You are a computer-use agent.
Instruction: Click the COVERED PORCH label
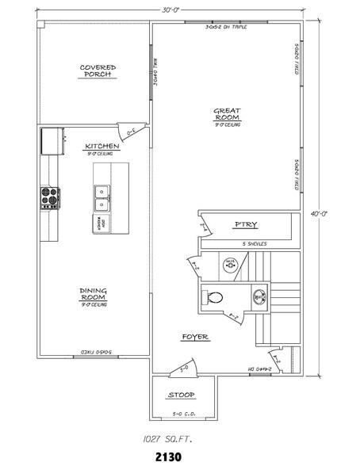click(x=98, y=71)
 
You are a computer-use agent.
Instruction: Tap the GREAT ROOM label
click(x=228, y=114)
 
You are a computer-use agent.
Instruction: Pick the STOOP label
click(x=181, y=395)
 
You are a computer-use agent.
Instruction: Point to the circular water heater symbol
click(x=230, y=264)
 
